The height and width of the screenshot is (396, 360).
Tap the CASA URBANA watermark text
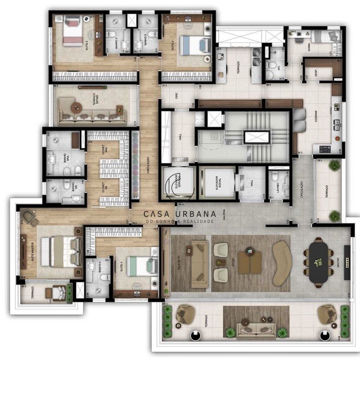point(180,214)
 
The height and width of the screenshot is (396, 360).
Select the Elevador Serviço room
point(178,183)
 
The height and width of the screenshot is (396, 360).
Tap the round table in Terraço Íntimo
point(77,108)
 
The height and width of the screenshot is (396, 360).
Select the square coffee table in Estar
point(250,262)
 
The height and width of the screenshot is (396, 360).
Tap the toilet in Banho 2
point(111,34)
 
